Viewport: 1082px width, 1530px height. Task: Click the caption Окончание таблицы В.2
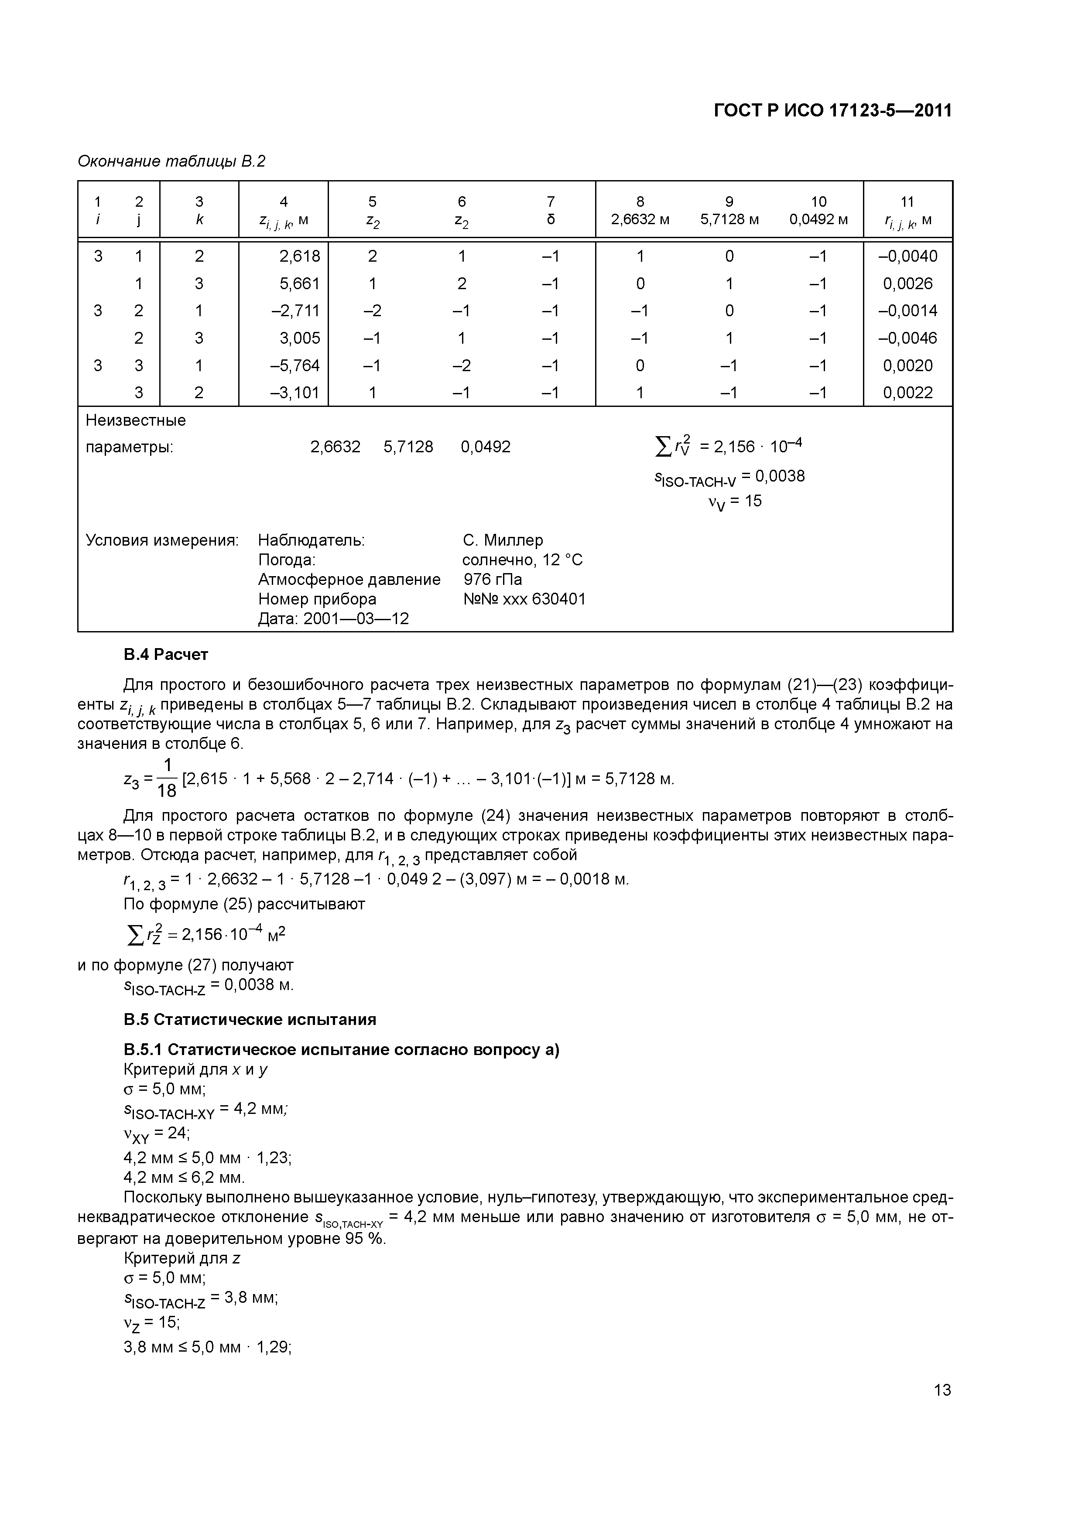[171, 161]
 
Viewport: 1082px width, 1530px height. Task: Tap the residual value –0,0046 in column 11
[907, 338]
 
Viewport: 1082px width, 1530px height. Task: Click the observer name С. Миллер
[503, 540]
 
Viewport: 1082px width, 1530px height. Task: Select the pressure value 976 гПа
[493, 579]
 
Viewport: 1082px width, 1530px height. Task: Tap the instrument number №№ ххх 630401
[524, 599]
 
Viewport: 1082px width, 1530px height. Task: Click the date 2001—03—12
[356, 618]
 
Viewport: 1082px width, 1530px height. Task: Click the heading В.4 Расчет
[166, 654]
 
